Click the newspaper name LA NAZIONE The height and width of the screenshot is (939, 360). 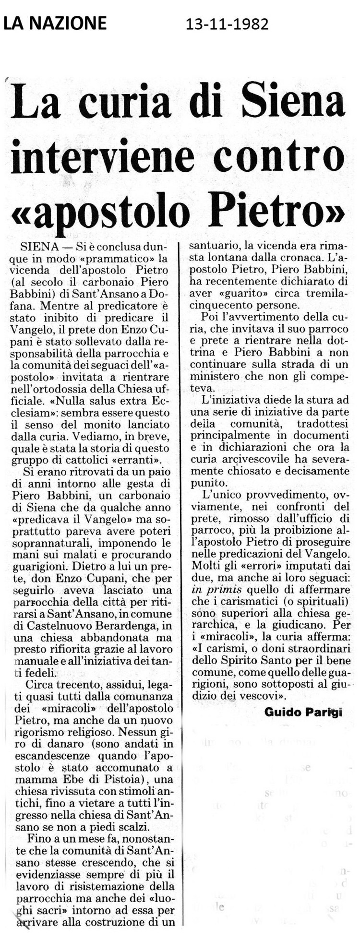55,23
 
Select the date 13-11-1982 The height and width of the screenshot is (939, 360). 227,24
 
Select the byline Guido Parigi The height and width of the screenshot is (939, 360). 303,712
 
